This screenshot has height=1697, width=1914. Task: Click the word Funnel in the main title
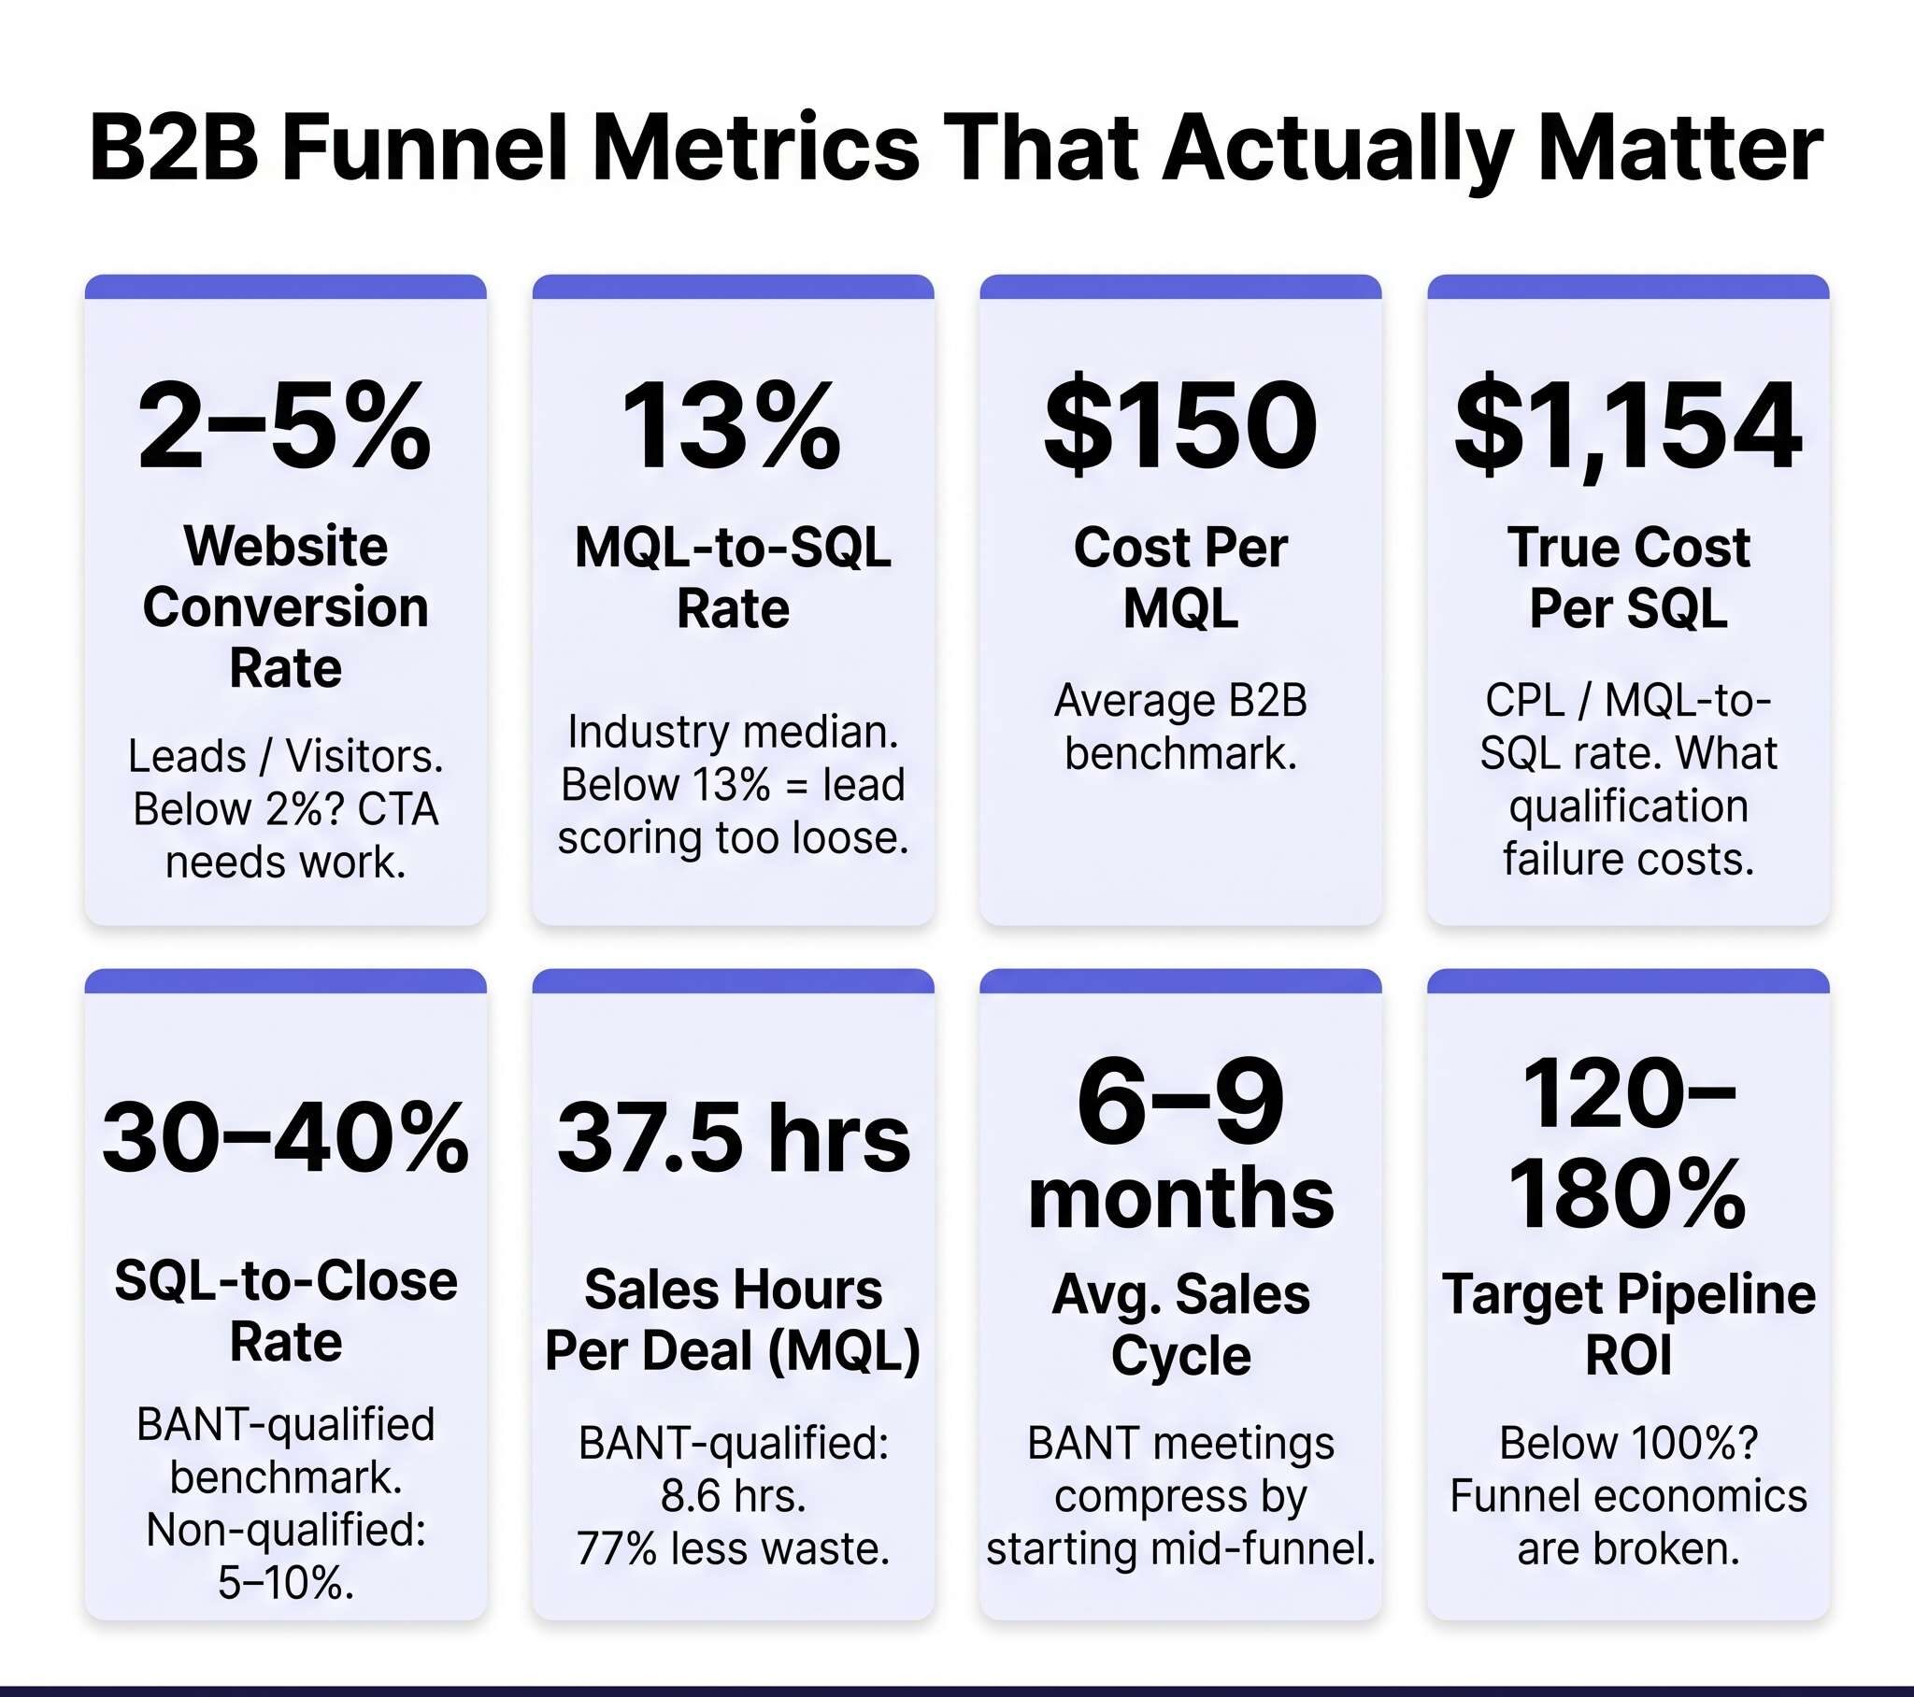[424, 148]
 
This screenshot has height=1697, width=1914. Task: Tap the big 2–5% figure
[285, 425]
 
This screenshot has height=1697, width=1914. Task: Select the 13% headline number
[732, 425]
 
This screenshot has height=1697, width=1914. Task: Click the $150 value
[1179, 425]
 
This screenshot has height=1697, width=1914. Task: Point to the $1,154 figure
[1627, 425]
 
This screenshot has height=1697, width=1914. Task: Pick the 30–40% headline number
[285, 1137]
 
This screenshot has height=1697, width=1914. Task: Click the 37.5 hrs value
[733, 1137]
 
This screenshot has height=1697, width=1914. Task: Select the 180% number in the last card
[1627, 1195]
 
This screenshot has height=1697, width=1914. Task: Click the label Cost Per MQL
[1179, 577]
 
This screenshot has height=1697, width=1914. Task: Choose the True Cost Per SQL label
[1627, 577]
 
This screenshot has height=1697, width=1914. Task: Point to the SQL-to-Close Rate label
[285, 1310]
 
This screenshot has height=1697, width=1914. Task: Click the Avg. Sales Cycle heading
[1179, 1323]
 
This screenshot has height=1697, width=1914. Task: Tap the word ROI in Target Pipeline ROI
[1627, 1355]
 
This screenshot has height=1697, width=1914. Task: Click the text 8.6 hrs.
[733, 1496]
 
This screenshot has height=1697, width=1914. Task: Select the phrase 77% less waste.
[733, 1549]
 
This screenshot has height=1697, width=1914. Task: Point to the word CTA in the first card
[397, 809]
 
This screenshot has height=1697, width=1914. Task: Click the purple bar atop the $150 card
[1179, 287]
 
